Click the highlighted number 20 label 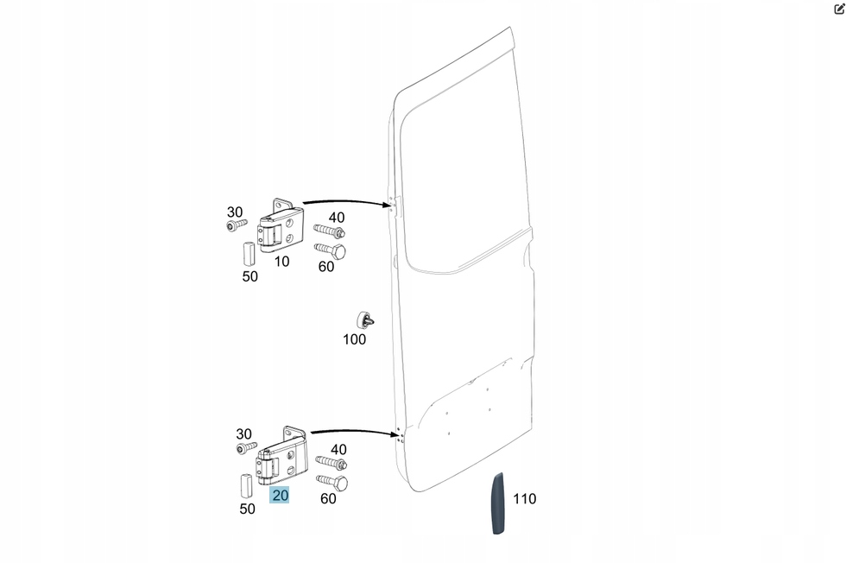pos(280,496)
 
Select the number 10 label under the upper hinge pos(282,262)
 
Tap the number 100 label pos(354,339)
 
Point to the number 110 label pos(524,498)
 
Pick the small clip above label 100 pos(365,318)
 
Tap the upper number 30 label pos(235,212)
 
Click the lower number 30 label pos(244,433)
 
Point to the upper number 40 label pos(336,218)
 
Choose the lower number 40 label pos(338,449)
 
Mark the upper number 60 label pos(326,267)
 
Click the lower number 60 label pos(328,498)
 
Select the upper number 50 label pos(249,276)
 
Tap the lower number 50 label pos(248,509)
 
